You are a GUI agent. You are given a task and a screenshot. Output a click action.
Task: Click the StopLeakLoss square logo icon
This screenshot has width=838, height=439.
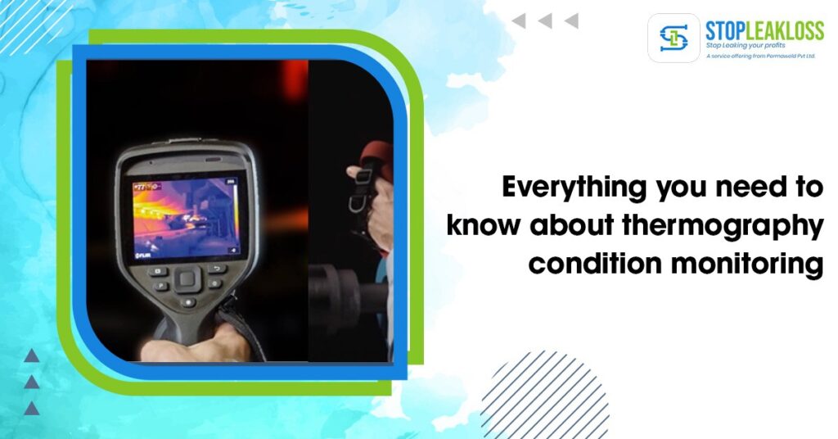674,38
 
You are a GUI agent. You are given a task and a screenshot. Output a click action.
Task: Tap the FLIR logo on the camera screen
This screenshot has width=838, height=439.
144,256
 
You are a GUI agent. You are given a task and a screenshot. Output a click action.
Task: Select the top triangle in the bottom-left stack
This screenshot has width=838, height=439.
31,355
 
